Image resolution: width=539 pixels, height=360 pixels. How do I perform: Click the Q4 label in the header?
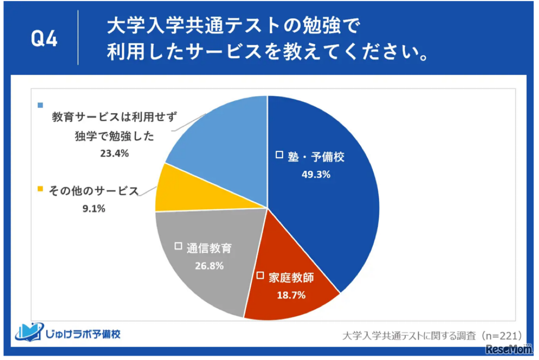(x=44, y=39)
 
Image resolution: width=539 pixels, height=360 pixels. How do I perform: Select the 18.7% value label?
(x=291, y=295)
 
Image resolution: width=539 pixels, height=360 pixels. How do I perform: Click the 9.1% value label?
(x=94, y=209)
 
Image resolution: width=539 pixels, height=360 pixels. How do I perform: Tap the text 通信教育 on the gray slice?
(x=209, y=248)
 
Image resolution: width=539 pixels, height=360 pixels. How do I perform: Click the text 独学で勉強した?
(x=115, y=136)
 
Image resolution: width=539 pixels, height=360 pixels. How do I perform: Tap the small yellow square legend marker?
(x=40, y=188)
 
